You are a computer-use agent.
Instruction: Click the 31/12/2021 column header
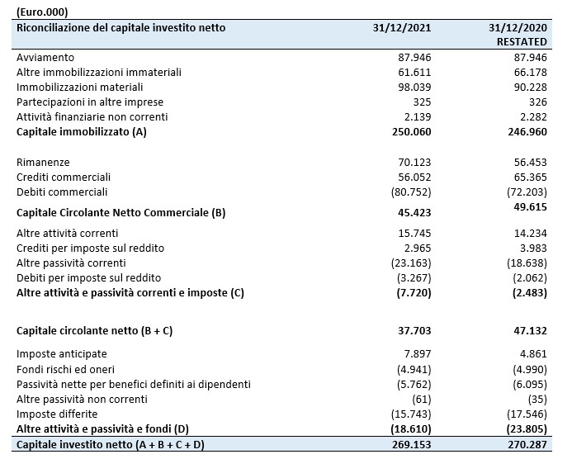tap(402, 28)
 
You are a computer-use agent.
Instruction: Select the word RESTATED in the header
tap(522, 42)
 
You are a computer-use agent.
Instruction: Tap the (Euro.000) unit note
tap(42, 12)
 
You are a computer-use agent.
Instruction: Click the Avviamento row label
tap(45, 57)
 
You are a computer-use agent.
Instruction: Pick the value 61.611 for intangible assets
tap(414, 73)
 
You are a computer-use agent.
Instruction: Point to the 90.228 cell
tap(531, 88)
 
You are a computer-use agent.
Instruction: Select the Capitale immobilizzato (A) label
tap(82, 132)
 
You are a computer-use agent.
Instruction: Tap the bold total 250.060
tap(412, 132)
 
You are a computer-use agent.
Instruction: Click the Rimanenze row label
tap(43, 162)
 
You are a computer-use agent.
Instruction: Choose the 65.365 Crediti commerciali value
tap(531, 177)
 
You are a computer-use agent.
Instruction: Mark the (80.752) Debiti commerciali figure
tap(411, 192)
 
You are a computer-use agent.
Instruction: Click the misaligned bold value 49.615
tap(531, 207)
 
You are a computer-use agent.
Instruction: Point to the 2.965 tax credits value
tap(418, 248)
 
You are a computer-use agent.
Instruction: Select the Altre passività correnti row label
tap(71, 263)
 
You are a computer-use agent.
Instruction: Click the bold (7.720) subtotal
tap(414, 293)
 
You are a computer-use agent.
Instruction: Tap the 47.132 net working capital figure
tap(531, 330)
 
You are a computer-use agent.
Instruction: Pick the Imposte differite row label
tap(57, 414)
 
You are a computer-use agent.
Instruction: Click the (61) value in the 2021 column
tap(421, 400)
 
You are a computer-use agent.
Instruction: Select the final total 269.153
tap(412, 445)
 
